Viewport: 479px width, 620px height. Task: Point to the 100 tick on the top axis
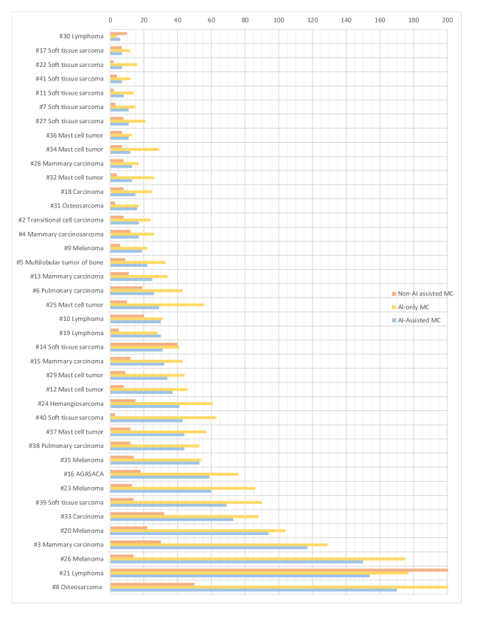(x=279, y=20)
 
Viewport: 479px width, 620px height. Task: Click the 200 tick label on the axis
(x=447, y=20)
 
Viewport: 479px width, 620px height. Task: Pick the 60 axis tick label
(x=211, y=20)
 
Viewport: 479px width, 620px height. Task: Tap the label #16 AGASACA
(x=83, y=473)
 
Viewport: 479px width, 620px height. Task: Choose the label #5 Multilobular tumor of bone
(x=60, y=262)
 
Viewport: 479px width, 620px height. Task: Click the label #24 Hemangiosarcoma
(x=71, y=403)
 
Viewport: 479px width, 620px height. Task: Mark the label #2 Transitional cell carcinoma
(x=61, y=219)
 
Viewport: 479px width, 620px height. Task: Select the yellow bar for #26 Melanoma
(x=257, y=558)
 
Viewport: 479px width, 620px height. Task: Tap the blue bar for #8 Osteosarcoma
(x=253, y=590)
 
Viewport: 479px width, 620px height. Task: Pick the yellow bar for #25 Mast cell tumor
(x=157, y=304)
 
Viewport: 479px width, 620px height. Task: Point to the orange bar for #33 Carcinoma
(x=137, y=513)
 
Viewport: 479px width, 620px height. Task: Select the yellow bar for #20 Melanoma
(x=197, y=531)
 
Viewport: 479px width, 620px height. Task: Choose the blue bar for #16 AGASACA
(x=159, y=476)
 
